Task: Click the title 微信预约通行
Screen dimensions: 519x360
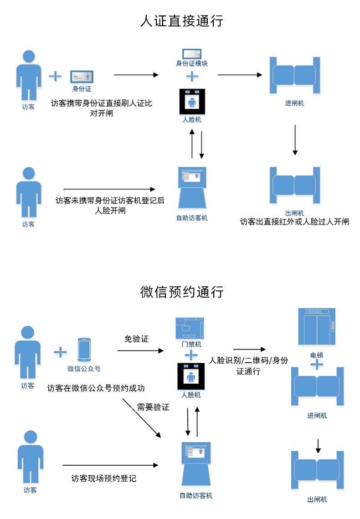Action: click(182, 292)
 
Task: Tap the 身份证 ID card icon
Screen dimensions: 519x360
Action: click(82, 76)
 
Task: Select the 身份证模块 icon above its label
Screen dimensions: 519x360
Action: click(191, 53)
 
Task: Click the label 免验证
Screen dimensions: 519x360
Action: click(136, 339)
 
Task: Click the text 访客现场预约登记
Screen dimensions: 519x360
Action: click(104, 478)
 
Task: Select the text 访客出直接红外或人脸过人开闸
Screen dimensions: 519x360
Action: click(294, 222)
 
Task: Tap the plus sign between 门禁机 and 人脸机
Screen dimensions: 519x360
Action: click(191, 355)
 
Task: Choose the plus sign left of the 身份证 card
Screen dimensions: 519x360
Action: click(55, 76)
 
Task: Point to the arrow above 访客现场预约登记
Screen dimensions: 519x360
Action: click(111, 465)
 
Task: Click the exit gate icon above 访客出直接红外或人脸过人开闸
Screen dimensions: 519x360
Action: click(294, 185)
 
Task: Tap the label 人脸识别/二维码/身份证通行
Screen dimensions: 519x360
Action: click(248, 365)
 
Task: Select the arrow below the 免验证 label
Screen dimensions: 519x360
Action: click(140, 350)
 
